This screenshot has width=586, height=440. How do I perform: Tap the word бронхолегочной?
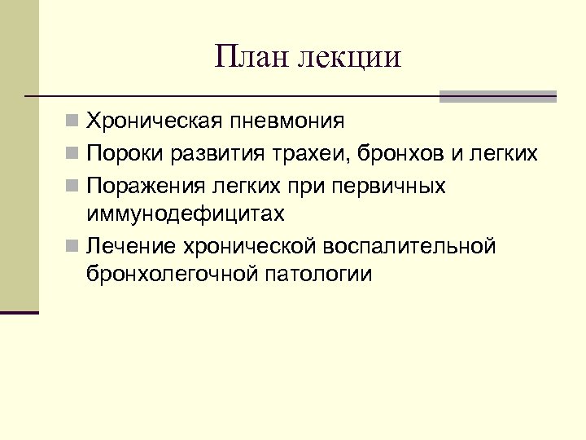click(x=170, y=273)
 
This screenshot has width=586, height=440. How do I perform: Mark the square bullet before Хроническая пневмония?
click(x=73, y=122)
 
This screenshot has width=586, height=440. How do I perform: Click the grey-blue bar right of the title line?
click(x=497, y=96)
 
